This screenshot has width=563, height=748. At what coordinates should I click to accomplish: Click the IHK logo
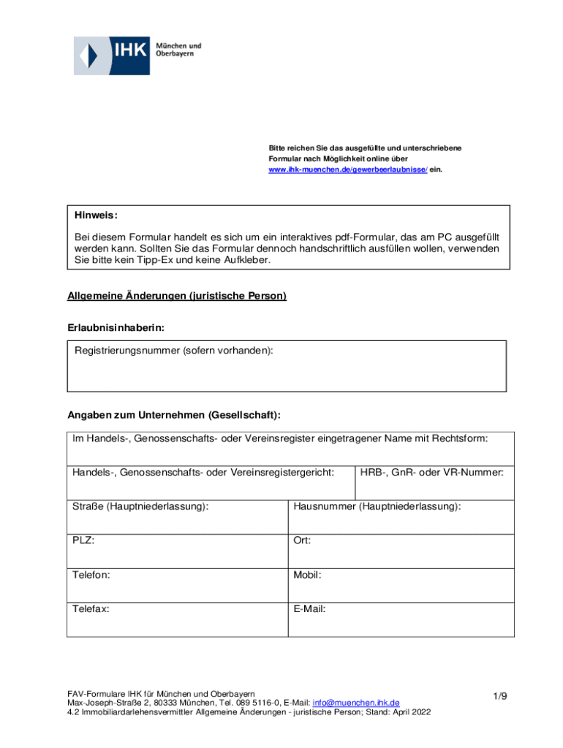[x=137, y=55]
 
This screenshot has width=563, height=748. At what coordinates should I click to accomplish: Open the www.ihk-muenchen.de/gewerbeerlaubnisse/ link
[x=348, y=169]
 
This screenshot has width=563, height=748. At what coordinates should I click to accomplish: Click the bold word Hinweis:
[x=96, y=215]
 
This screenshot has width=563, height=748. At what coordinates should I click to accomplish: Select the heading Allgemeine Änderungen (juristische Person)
[x=177, y=296]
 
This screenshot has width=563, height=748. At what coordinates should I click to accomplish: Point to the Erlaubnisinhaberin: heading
[x=110, y=328]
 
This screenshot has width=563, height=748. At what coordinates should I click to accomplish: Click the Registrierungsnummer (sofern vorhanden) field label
[x=174, y=351]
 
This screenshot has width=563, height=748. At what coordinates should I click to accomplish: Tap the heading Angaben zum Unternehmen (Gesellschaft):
[x=174, y=415]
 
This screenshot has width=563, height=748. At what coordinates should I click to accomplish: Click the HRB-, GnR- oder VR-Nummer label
[x=431, y=473]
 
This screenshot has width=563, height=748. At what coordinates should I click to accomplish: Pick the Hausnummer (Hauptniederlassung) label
[x=377, y=505]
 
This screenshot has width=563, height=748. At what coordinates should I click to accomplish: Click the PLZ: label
[x=83, y=541]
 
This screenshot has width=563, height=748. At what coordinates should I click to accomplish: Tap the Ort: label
[x=302, y=541]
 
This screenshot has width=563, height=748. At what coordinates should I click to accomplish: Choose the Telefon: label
[x=91, y=575]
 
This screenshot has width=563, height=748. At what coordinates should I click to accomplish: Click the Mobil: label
[x=307, y=575]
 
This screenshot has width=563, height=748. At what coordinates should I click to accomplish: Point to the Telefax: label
[x=91, y=608]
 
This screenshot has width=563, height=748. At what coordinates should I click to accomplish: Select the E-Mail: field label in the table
[x=309, y=608]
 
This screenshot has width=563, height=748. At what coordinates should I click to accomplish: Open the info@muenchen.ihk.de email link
[x=356, y=703]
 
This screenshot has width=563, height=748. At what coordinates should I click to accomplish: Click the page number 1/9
[x=499, y=697]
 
